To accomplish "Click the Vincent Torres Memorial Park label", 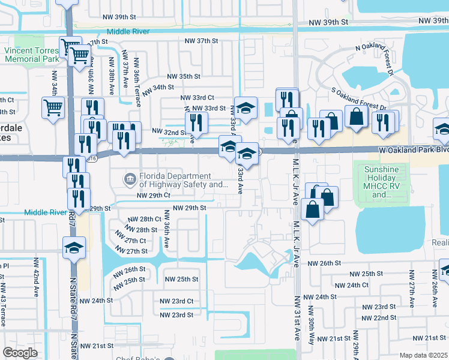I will pos(32,55).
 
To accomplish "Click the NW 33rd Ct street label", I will pos(197,97).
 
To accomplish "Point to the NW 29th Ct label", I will pos(154,196).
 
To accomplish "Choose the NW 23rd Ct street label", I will pos(176,301).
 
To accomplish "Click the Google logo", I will pos(20,353).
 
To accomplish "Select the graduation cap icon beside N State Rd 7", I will pos(74,247).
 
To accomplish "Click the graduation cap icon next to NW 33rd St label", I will pos(245,108).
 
